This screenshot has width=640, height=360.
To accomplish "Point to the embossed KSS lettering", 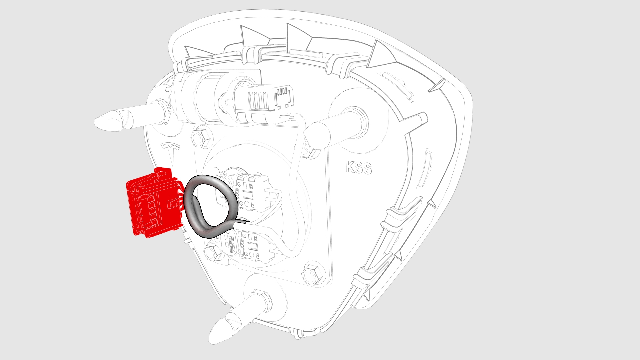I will pyautogui.click(x=358, y=167).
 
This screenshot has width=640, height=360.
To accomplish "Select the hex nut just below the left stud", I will pyautogui.click(x=201, y=137).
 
